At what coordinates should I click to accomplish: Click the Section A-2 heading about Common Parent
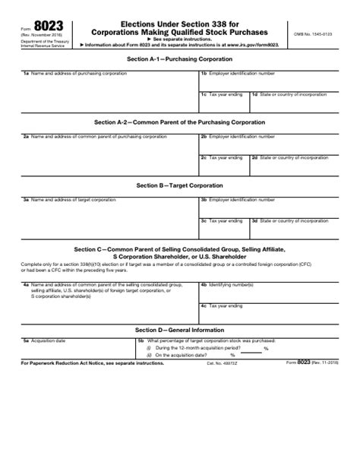179,122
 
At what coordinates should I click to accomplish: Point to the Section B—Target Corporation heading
179,185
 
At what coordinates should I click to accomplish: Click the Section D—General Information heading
179,330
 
